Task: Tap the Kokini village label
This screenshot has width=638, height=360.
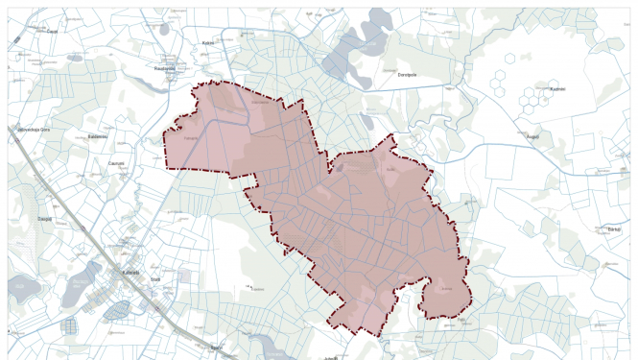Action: tap(207, 43)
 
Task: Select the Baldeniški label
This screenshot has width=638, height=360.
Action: tap(96, 136)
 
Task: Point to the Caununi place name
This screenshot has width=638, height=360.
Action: tap(118, 164)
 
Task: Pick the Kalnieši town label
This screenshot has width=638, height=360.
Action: tap(131, 271)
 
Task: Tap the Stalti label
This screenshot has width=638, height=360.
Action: tap(154, 278)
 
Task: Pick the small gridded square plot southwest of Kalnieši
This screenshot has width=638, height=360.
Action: tap(70, 325)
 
